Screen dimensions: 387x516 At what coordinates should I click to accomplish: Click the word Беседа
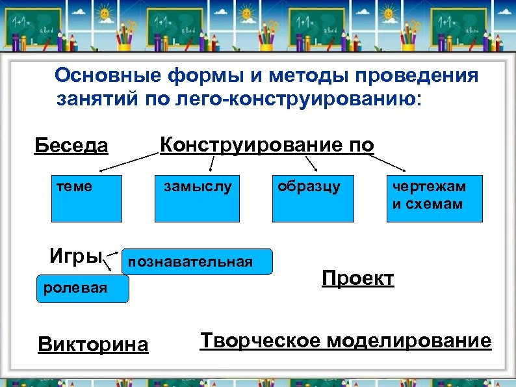tap(71, 144)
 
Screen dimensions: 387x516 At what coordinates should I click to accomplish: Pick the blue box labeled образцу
tap(313, 199)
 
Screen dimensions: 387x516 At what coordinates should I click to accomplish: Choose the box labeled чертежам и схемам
tap(435, 199)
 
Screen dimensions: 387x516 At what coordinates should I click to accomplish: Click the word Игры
tap(76, 256)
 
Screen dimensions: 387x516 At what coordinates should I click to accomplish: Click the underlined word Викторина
tap(94, 344)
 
